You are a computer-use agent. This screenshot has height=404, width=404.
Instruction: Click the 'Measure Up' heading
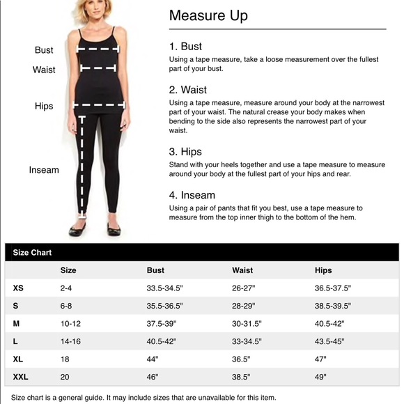(208, 15)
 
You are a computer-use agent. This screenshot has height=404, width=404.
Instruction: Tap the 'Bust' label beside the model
(44, 50)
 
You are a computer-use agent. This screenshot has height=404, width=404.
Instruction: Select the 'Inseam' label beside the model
(44, 170)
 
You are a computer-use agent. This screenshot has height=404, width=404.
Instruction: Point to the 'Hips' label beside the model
(44, 107)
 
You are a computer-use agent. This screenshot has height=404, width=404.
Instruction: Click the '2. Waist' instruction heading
(187, 90)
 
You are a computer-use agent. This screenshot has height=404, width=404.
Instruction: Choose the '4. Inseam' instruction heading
(192, 195)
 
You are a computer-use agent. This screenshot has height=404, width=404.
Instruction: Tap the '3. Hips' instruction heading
(185, 152)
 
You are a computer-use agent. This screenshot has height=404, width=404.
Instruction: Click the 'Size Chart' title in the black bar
(32, 253)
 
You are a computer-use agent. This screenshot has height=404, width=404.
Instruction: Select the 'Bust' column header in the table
(155, 270)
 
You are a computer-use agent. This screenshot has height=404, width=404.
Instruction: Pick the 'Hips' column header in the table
(323, 270)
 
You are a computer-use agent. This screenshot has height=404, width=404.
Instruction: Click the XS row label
(18, 288)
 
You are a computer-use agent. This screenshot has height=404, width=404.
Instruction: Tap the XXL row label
(20, 377)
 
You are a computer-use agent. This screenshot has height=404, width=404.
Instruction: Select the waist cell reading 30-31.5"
(247, 324)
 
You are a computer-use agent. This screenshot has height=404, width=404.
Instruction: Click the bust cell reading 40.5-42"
(162, 341)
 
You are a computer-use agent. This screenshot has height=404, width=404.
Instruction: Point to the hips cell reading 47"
(320, 359)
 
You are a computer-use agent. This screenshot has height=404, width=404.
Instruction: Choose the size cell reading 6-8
(67, 306)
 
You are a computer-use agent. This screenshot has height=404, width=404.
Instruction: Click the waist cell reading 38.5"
(242, 377)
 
